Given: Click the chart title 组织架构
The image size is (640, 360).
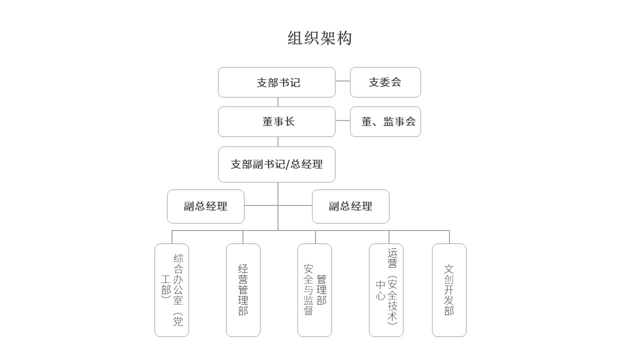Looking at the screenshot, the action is pyautogui.click(x=319, y=38).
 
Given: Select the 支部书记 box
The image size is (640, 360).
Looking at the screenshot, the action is pyautogui.click(x=276, y=82).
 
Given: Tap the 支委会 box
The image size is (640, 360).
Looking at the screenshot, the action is pyautogui.click(x=385, y=82).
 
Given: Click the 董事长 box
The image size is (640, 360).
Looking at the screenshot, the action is pyautogui.click(x=276, y=121).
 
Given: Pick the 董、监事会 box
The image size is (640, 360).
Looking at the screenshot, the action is pyautogui.click(x=385, y=121).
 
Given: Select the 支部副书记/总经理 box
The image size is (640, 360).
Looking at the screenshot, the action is pyautogui.click(x=276, y=164).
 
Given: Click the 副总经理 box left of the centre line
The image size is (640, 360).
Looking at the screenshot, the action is pyautogui.click(x=205, y=206).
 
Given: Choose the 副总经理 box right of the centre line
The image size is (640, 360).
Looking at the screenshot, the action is pyautogui.click(x=350, y=206).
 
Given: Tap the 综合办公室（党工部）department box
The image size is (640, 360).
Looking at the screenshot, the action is pyautogui.click(x=171, y=290).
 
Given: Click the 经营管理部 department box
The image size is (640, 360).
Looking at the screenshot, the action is pyautogui.click(x=243, y=290).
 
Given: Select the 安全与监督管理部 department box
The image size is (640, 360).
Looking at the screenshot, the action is pyautogui.click(x=314, y=290).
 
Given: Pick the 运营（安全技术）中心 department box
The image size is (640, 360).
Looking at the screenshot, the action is pyautogui.click(x=386, y=290).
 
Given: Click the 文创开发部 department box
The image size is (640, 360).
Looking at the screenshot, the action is pyautogui.click(x=449, y=290).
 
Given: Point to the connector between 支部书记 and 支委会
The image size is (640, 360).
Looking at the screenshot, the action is pyautogui.click(x=342, y=81).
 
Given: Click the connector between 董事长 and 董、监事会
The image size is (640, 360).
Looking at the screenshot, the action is pyautogui.click(x=342, y=120).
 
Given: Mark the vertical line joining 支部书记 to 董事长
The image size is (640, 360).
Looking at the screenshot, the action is pyautogui.click(x=278, y=102).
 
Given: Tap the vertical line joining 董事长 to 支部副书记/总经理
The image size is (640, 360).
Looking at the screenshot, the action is pyautogui.click(x=278, y=141).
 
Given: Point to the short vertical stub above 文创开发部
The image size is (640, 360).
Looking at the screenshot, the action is pyautogui.click(x=449, y=237).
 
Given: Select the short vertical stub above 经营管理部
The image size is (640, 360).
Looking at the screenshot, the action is pyautogui.click(x=243, y=237).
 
